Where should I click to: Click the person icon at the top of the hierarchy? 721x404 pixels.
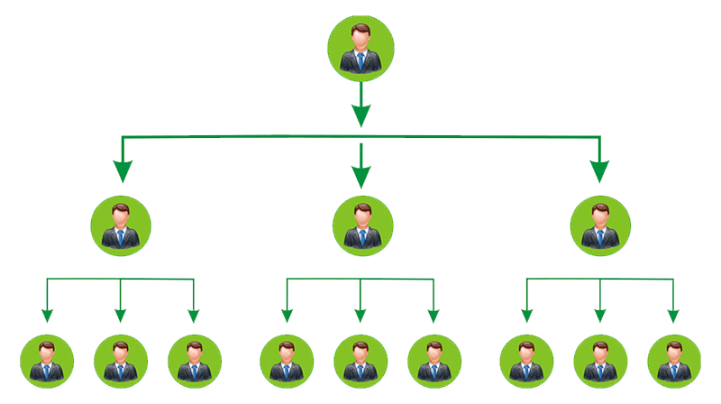pyautogui.click(x=360, y=48)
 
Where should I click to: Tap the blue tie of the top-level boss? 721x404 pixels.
pyautogui.click(x=360, y=61)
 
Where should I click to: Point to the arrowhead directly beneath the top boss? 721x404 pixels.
pyautogui.click(x=360, y=115)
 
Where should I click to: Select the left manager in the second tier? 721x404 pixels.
pyautogui.click(x=121, y=225)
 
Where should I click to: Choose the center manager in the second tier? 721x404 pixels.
pyautogui.click(x=362, y=225)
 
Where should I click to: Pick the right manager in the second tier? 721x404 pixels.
pyautogui.click(x=600, y=225)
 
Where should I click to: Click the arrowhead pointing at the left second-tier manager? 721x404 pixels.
pyautogui.click(x=123, y=170)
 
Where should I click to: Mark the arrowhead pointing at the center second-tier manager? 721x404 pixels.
pyautogui.click(x=361, y=176)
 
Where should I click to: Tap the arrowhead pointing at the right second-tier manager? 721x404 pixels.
pyautogui.click(x=599, y=170)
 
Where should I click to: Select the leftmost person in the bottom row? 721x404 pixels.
pyautogui.click(x=47, y=361)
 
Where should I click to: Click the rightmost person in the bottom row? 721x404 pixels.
pyautogui.click(x=674, y=361)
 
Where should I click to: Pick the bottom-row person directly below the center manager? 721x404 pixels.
pyautogui.click(x=360, y=361)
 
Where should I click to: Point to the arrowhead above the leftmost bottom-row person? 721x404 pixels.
pyautogui.click(x=47, y=315)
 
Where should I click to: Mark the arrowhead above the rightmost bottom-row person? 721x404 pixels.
pyautogui.click(x=673, y=315)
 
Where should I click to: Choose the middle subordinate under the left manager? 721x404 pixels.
pyautogui.click(x=121, y=361)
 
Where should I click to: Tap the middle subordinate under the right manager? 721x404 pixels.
pyautogui.click(x=600, y=361)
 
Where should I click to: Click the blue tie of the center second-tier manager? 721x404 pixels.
pyautogui.click(x=362, y=237)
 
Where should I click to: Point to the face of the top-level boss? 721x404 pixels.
pyautogui.click(x=360, y=39)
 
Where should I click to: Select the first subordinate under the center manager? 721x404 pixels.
pyautogui.click(x=287, y=361)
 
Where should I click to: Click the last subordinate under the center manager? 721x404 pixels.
pyautogui.click(x=434, y=361)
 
